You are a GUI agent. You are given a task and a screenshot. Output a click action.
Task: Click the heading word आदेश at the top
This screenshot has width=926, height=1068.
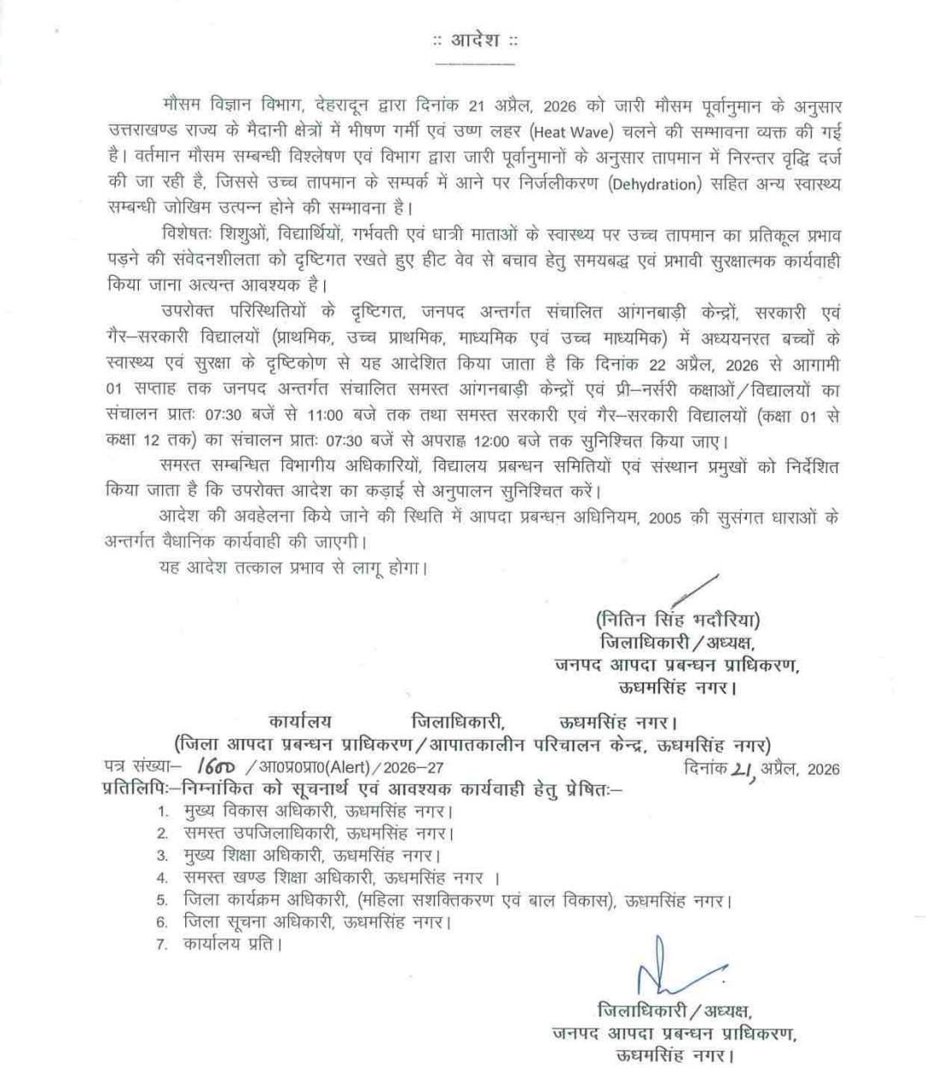(x=474, y=41)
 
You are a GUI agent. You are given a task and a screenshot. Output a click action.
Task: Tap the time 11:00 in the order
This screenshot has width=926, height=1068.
(x=325, y=416)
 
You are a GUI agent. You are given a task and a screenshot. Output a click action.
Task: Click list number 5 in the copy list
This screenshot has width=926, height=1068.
(x=161, y=901)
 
